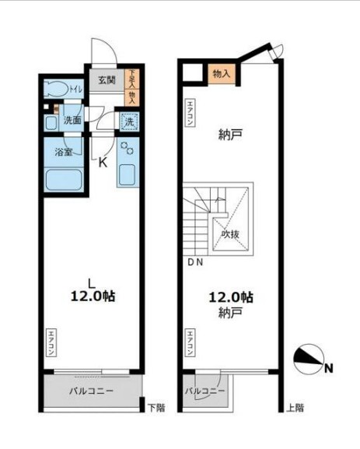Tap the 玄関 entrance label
click(106, 79)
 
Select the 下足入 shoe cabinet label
click(131, 79)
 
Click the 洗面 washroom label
click(72, 121)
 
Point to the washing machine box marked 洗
click(130, 121)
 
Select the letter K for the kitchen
click(102, 162)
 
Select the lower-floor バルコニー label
click(90, 390)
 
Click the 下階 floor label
click(156, 407)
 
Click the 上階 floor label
click(295, 407)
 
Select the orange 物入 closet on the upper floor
click(222, 73)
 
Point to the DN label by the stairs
click(194, 262)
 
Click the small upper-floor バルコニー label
click(205, 390)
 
